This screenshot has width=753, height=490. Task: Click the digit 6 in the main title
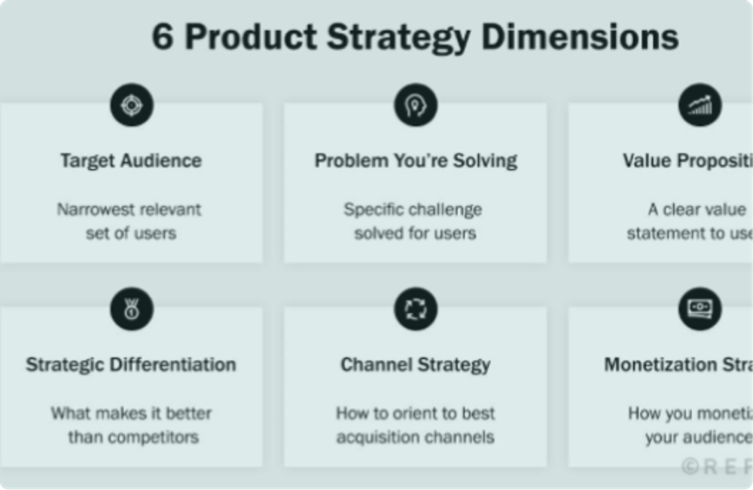(x=162, y=37)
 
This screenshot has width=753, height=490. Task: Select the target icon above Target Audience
(x=132, y=105)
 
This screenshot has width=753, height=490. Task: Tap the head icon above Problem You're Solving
(x=416, y=105)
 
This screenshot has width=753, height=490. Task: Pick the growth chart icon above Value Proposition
(x=700, y=105)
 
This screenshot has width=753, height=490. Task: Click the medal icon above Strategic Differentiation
(x=132, y=308)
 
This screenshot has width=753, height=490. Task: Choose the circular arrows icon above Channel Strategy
(x=416, y=308)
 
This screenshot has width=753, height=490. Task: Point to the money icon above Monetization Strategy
(x=700, y=308)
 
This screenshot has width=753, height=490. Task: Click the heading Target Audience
(x=131, y=161)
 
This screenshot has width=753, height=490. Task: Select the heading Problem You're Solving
(x=416, y=161)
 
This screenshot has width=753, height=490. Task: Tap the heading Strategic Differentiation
(x=131, y=365)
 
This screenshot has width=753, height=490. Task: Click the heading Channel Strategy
(x=416, y=365)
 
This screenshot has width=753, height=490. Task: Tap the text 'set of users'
(x=131, y=233)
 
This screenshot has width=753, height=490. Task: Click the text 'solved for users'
(x=416, y=233)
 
